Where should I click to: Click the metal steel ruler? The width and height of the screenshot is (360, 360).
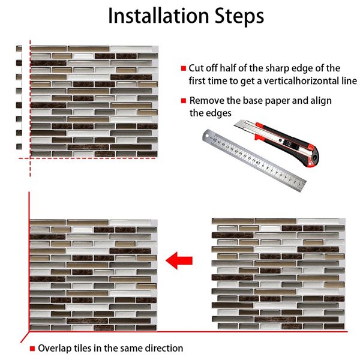point(251,159)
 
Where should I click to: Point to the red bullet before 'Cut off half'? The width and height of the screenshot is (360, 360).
point(183,68)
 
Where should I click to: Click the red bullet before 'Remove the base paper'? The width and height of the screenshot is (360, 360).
point(183,101)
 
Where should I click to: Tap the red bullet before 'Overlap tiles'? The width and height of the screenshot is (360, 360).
point(32,348)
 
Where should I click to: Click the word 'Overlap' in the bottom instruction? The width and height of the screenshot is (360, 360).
point(56,348)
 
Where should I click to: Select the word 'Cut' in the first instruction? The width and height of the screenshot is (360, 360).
point(197,68)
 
